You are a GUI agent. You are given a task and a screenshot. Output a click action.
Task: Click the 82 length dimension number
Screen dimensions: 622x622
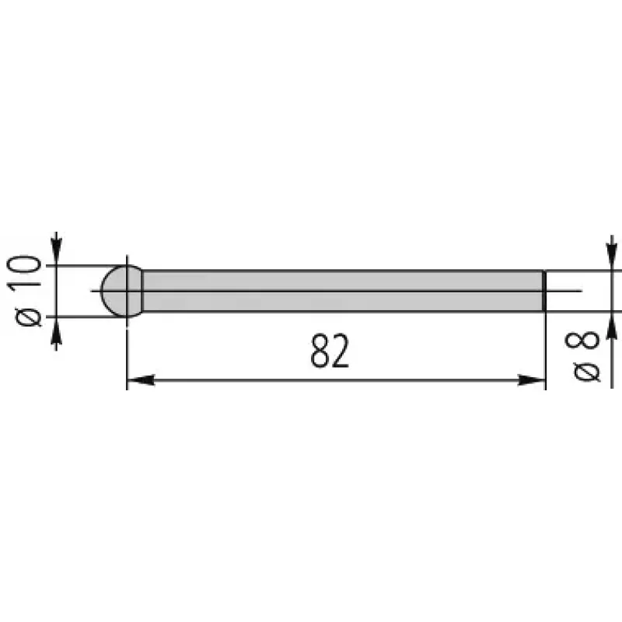[x=330, y=351]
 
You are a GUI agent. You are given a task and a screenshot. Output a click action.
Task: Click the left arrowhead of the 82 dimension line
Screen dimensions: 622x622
[x=141, y=380]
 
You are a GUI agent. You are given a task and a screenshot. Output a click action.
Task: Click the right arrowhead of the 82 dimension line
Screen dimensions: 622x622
[x=532, y=380]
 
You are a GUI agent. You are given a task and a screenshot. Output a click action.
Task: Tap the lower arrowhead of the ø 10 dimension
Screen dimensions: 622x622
[x=57, y=330]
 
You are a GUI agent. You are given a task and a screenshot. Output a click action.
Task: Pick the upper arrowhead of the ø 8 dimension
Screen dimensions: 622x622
[x=612, y=258]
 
